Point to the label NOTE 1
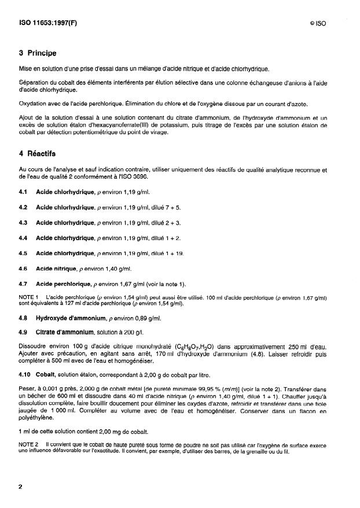(29, 297)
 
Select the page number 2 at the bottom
(20, 487)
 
